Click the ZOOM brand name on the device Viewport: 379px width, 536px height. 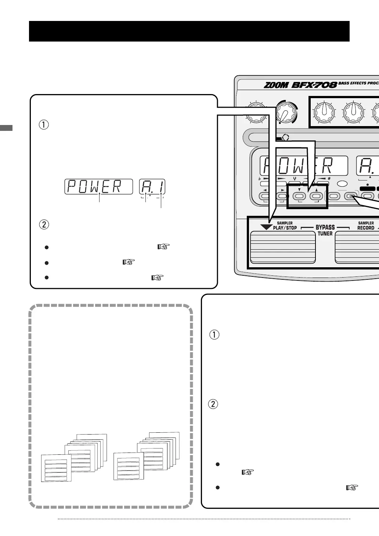click(x=277, y=85)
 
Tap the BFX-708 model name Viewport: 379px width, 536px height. click(x=314, y=85)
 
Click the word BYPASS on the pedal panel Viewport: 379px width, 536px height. click(x=325, y=228)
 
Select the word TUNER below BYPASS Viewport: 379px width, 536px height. click(x=325, y=234)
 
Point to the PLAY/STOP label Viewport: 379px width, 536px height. click(x=285, y=228)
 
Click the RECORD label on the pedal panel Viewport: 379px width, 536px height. click(x=366, y=228)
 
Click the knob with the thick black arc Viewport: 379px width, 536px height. click(x=285, y=113)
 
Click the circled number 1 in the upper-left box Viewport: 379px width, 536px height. click(x=44, y=125)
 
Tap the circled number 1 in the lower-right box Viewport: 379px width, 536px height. click(x=214, y=335)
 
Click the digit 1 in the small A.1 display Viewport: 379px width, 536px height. click(x=160, y=187)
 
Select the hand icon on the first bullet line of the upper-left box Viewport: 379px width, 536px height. click(x=164, y=247)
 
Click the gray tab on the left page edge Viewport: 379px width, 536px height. click(x=6, y=128)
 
